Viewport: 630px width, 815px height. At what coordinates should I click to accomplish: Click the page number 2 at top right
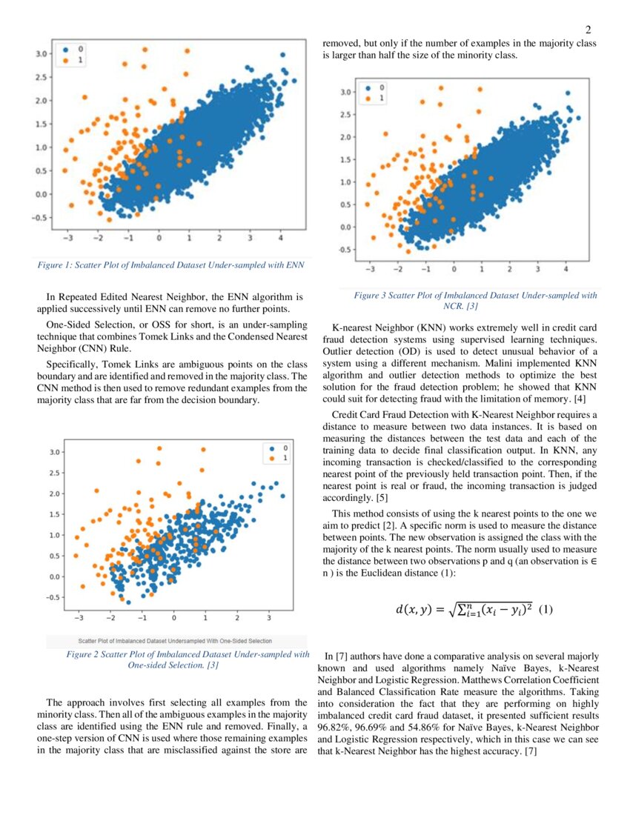pos(588,30)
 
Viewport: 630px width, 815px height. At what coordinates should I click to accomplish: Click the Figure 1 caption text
pos(171,265)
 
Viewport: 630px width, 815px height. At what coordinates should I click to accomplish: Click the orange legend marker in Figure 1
pos(65,60)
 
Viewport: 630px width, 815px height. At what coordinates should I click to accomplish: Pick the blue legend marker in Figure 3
pos(366,87)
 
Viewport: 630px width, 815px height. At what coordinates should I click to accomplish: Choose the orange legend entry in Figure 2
pos(272,459)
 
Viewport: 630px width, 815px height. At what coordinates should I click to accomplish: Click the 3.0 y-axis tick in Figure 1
pos(42,53)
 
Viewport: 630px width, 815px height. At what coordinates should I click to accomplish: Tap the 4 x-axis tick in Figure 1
pos(280,239)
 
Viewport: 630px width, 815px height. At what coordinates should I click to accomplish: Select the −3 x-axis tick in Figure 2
pos(79,616)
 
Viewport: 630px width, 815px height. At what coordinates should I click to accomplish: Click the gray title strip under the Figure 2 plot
pos(176,640)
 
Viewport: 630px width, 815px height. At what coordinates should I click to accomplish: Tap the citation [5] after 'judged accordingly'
pos(382,498)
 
